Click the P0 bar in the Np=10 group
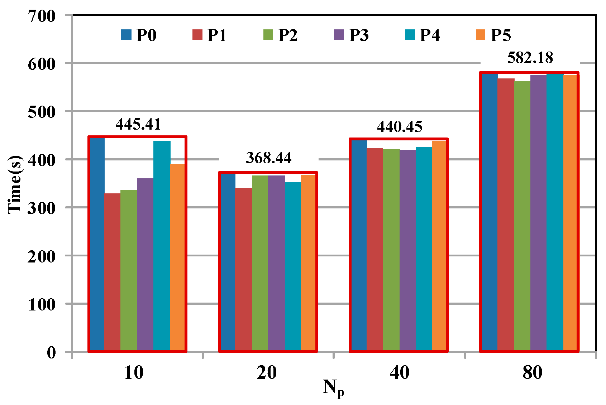[97, 244]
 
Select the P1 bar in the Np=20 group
[243, 269]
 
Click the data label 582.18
[530, 58]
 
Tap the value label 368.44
[268, 158]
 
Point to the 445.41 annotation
[138, 124]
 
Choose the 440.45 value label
[400, 127]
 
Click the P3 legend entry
[351, 35]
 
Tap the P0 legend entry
[138, 35]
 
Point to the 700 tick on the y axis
[42, 16]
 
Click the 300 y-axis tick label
[42, 208]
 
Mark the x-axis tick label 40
[399, 372]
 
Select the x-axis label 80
[532, 372]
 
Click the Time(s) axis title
[15, 184]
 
